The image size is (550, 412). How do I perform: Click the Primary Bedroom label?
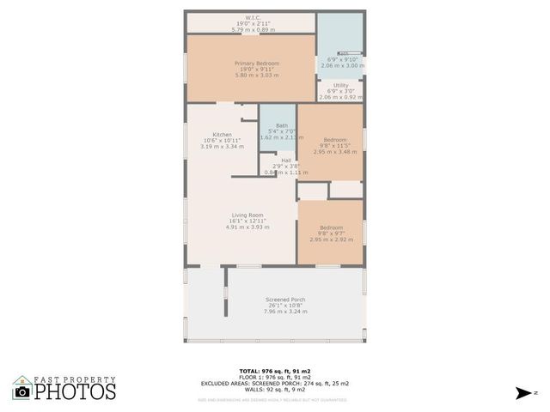pos(252,64)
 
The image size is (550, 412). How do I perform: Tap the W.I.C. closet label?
pos(252,17)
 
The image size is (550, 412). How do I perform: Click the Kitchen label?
pos(222,135)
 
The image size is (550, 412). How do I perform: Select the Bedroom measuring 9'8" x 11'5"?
pos(334,140)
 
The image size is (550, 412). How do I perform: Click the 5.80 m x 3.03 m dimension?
pos(252,76)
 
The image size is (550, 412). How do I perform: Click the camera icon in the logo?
pos(22,391)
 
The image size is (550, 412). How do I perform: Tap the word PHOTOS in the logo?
pos(75,392)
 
